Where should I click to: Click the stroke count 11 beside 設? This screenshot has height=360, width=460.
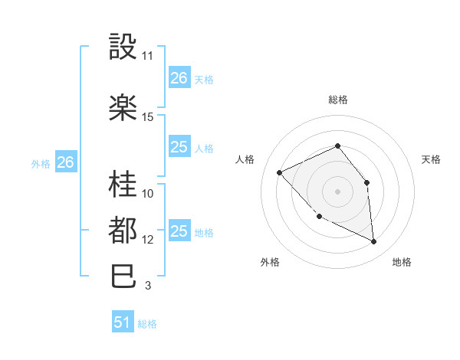pyautogui.click(x=148, y=56)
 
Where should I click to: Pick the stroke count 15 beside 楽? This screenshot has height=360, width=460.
pyautogui.click(x=148, y=117)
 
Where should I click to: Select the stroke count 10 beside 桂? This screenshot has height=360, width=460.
pyautogui.click(x=148, y=193)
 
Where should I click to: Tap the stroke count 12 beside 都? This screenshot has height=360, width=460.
pyautogui.click(x=148, y=240)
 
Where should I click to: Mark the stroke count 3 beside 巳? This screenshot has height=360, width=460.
pyautogui.click(x=148, y=286)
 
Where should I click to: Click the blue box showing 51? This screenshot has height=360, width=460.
pyautogui.click(x=123, y=322)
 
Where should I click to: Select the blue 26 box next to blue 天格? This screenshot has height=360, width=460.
pyautogui.click(x=179, y=78)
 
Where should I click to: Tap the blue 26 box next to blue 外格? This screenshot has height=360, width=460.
pyautogui.click(x=65, y=162)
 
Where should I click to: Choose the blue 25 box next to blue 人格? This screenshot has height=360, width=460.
pyautogui.click(x=179, y=148)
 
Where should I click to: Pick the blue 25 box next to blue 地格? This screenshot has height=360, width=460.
pyautogui.click(x=179, y=231)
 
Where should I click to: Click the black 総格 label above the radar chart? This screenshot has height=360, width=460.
pyautogui.click(x=338, y=100)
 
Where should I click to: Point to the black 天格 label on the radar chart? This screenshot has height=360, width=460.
pyautogui.click(x=431, y=159)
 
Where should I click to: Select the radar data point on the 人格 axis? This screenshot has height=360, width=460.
pyautogui.click(x=280, y=172)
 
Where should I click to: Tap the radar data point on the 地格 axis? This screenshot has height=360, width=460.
pyautogui.click(x=373, y=242)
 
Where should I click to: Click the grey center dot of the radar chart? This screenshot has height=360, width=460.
pyautogui.click(x=337, y=191)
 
